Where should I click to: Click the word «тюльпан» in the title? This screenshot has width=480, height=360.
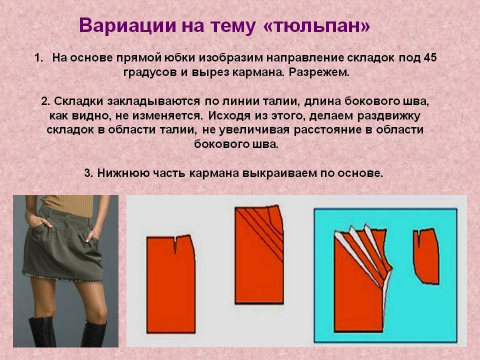click(x=316, y=25)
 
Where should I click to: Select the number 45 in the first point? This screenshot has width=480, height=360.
click(x=430, y=57)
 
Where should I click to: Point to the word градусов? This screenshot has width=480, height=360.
click(x=150, y=73)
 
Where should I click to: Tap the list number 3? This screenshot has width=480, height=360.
click(x=88, y=173)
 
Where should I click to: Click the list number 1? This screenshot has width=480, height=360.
click(x=38, y=58)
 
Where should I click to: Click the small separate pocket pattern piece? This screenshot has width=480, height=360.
click(x=426, y=256)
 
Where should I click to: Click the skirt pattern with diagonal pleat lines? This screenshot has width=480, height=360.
click(x=258, y=255)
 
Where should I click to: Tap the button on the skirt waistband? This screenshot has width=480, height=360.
click(x=68, y=216)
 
